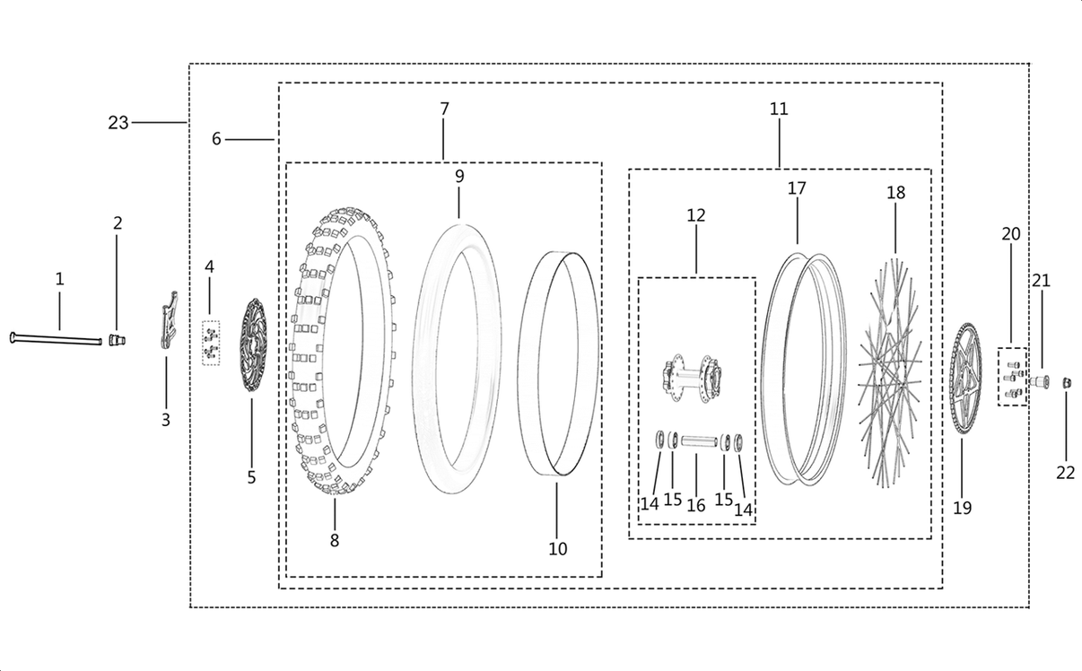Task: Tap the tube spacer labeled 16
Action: click(x=697, y=440)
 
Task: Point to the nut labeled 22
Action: click(x=1067, y=383)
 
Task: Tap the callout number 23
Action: click(x=118, y=123)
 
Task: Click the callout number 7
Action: click(x=444, y=109)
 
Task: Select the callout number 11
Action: click(x=779, y=109)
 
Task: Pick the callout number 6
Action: click(x=216, y=139)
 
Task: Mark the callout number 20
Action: click(x=1011, y=233)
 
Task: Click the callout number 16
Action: click(x=696, y=505)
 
